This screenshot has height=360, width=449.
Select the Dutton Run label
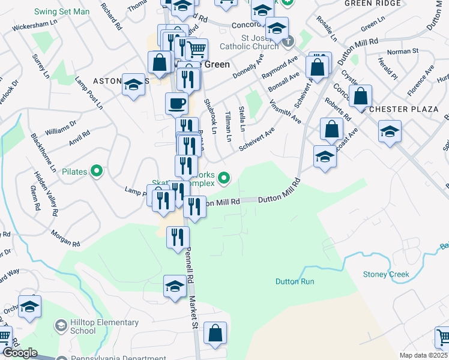point(295,281)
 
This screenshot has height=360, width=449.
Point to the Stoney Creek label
point(386,274)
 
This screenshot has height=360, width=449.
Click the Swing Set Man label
point(61,11)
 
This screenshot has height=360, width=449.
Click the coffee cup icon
point(176,103)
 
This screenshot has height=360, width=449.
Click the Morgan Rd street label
point(65,239)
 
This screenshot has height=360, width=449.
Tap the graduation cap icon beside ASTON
point(133,85)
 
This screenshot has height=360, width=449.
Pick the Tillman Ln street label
point(228,126)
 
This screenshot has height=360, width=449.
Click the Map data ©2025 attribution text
point(423,355)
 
